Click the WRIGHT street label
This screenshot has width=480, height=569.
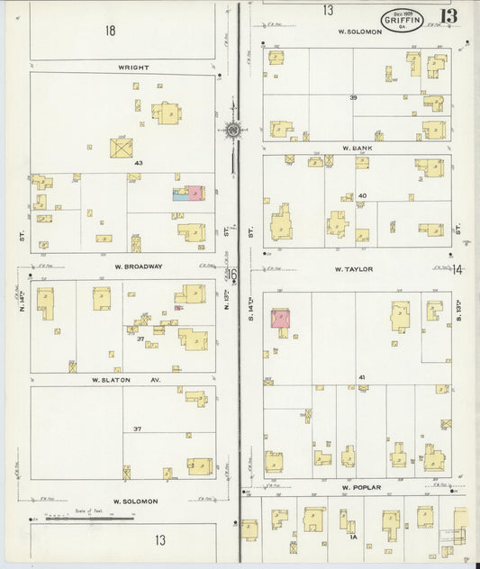132,68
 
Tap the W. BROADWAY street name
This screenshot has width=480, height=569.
139,266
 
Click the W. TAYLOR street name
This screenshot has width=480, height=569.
354,269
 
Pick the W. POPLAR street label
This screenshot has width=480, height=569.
362,488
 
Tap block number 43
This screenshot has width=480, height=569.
139,163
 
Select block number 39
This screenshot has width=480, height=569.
354,97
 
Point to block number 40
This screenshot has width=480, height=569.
362,195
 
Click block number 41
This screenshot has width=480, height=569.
361,376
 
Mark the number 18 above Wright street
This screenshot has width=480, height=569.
110,31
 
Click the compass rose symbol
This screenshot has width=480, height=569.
232,130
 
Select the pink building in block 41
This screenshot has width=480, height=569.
280,319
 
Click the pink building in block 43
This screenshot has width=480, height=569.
194,193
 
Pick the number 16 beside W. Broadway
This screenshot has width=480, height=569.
231,274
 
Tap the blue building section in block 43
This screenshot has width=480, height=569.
179,194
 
